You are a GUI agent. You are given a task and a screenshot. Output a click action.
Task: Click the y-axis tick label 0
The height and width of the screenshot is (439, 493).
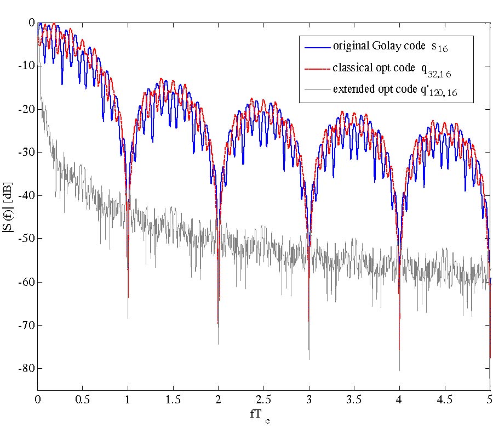click(x=32, y=22)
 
